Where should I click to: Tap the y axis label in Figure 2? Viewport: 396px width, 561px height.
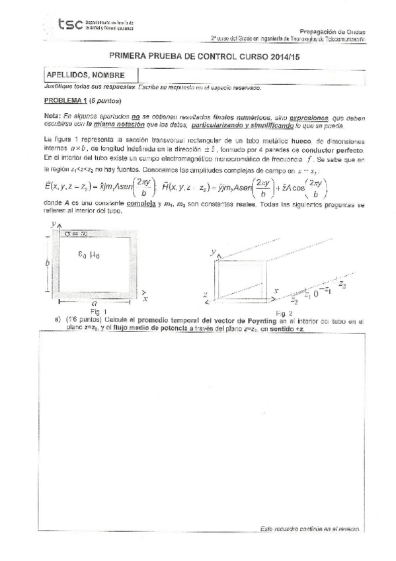(214, 252)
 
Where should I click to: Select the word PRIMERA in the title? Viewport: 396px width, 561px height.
(130, 58)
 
